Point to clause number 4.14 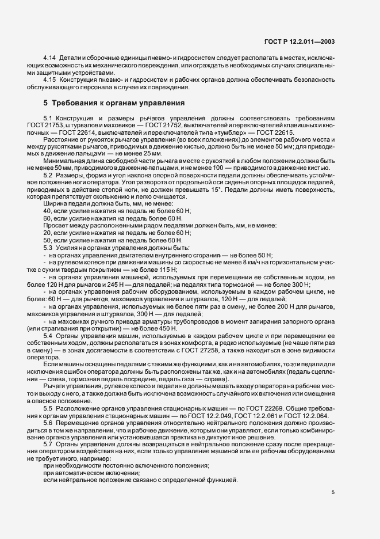click(x=50, y=59)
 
